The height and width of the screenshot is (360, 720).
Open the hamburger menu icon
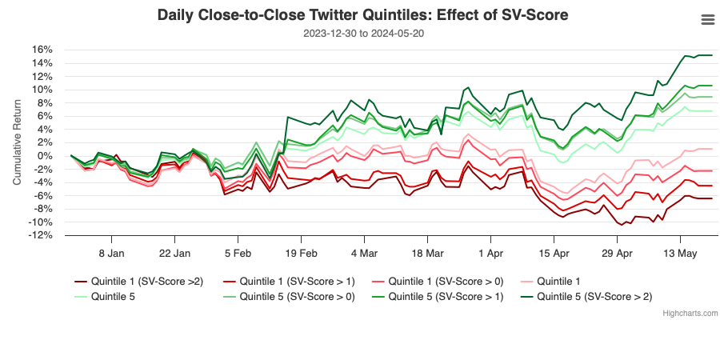pos(707,20)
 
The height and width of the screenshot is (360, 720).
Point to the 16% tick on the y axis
pos(42,50)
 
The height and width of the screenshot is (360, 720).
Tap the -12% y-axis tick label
pos(41,235)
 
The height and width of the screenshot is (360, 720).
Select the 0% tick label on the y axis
pos(46,156)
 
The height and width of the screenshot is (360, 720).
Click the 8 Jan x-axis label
pos(111,253)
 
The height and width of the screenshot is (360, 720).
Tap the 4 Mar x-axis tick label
pos(363,253)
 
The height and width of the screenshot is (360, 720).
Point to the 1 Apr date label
pos(490,253)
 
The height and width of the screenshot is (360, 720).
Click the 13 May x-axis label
pos(680,253)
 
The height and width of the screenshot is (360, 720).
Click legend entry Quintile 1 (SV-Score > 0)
pos(442,281)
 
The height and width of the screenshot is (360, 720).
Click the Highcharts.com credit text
pos(690,313)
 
